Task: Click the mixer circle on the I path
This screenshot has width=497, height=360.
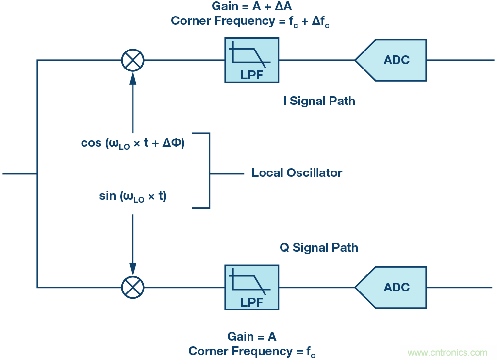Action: tap(133, 60)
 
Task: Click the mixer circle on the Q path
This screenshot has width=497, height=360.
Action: tap(133, 287)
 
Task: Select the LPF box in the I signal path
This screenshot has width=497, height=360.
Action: tap(251, 60)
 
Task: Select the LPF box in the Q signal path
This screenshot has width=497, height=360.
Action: tap(251, 287)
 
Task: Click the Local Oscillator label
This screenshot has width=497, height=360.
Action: tap(297, 173)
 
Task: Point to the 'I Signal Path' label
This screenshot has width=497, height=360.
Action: tap(319, 101)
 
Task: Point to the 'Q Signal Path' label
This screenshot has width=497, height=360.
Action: tap(319, 247)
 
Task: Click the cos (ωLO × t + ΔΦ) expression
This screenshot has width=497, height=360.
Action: tap(133, 144)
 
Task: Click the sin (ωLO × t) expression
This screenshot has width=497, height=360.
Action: tap(133, 196)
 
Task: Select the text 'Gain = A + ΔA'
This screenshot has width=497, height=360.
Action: tap(251, 7)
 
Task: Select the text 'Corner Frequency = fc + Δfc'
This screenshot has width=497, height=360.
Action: tap(251, 21)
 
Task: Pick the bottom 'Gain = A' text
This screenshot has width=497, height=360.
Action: tap(251, 336)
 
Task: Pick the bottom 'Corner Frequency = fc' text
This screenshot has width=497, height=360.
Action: tap(251, 351)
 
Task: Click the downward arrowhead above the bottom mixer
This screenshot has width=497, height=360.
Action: tap(133, 270)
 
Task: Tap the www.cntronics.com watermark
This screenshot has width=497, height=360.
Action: tap(447, 352)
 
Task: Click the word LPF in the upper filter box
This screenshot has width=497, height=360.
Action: tap(251, 75)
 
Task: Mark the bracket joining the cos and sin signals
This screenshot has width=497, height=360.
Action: tap(209, 171)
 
